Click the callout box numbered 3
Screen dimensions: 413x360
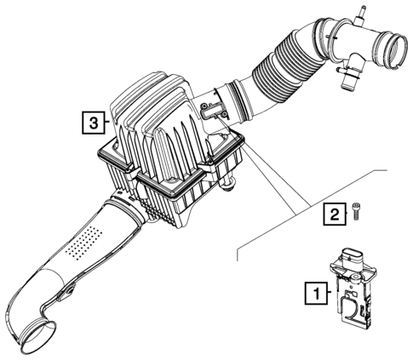(x=94, y=123)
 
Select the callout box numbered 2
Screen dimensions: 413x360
(x=335, y=214)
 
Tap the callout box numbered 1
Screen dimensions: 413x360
(x=316, y=293)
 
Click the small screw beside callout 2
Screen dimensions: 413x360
(x=355, y=211)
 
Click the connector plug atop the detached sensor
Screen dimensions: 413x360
(x=352, y=256)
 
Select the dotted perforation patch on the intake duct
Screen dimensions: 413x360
(x=84, y=243)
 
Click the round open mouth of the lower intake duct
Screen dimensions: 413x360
(x=37, y=337)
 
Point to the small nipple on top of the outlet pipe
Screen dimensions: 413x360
(x=359, y=14)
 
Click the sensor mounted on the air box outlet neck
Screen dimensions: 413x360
(x=214, y=111)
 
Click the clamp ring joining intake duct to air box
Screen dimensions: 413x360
(x=124, y=209)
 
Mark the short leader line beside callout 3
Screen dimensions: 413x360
(x=107, y=122)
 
